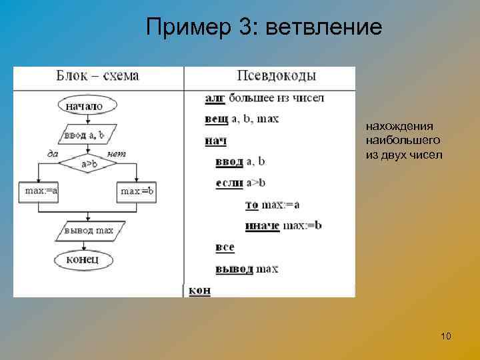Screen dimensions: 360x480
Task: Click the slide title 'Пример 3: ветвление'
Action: click(264, 28)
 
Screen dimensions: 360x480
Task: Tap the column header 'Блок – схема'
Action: click(97, 76)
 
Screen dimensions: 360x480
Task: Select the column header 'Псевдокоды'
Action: click(267, 76)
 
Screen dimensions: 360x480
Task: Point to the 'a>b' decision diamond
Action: click(89, 163)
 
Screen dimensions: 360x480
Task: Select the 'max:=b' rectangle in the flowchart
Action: click(137, 191)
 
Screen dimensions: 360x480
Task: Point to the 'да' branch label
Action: click(53, 154)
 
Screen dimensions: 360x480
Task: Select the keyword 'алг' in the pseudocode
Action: click(215, 99)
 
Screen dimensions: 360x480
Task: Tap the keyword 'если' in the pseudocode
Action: click(229, 183)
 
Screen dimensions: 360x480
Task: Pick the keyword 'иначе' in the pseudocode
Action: click(261, 225)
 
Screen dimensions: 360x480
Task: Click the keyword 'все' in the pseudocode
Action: click(225, 247)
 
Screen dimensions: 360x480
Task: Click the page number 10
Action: click(446, 336)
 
